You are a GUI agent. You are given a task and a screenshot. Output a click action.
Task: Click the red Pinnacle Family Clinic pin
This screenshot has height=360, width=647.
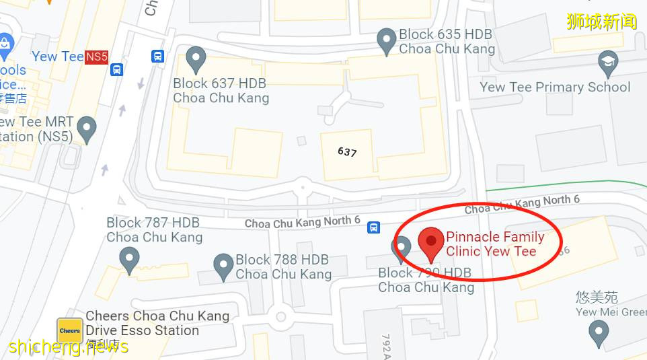430,242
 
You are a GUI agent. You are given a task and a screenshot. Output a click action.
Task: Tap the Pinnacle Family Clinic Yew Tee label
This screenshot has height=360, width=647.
495,244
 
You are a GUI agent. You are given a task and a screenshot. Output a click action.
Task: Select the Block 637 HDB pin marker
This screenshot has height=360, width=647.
196,59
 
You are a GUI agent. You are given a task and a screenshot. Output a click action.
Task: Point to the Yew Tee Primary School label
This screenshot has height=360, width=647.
555,87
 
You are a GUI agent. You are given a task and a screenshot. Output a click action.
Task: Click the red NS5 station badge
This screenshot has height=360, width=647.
96,57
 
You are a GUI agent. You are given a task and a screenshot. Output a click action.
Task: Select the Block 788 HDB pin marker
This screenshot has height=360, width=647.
223,266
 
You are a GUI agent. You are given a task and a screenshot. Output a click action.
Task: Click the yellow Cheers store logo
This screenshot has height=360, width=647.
70,330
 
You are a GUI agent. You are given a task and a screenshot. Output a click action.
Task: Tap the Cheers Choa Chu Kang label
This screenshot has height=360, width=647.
157,316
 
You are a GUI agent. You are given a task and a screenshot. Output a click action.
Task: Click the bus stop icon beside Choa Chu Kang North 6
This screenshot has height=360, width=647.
373,228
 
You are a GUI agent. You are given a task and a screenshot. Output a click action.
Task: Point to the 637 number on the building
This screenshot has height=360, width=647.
347,152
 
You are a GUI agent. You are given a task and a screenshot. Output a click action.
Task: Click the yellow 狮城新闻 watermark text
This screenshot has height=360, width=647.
601,22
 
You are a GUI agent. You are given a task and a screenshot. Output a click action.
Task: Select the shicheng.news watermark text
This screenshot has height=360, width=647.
69,347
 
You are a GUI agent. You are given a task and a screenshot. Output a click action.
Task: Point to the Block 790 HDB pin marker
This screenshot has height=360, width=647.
402,248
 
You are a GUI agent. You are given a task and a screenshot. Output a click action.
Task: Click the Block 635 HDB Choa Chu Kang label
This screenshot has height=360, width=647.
447,41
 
